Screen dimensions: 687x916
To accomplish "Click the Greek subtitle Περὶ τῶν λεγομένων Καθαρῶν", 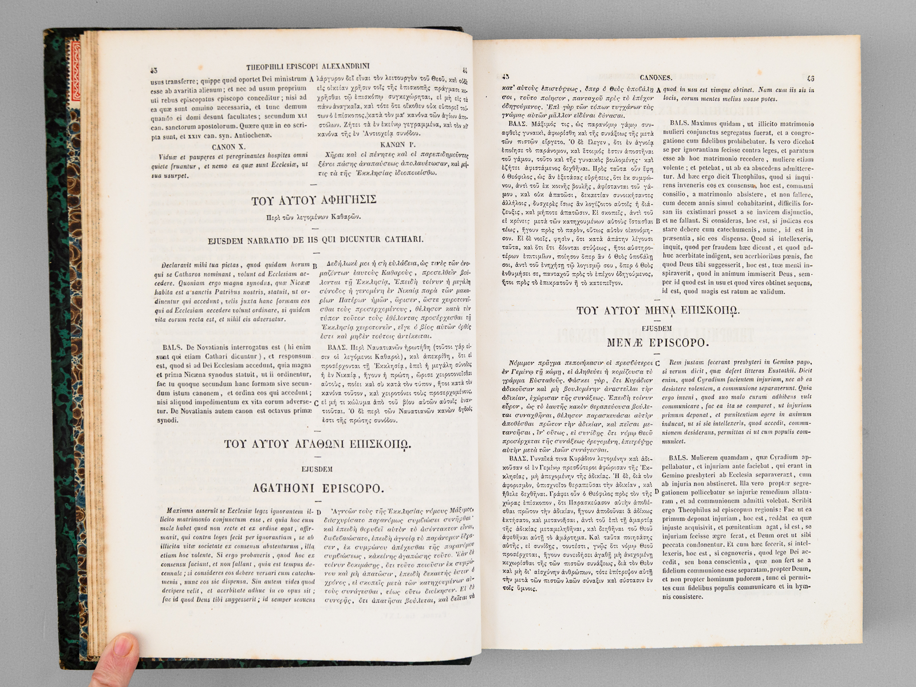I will (x=313, y=218).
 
